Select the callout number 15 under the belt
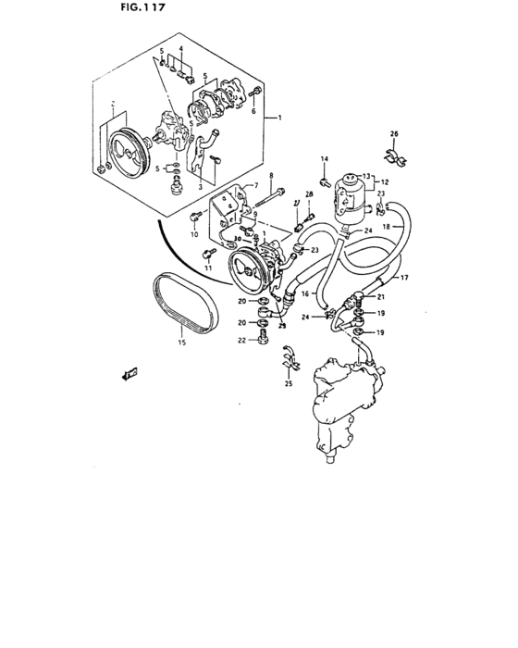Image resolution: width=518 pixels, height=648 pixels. click(180, 343)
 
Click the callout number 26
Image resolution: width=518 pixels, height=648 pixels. click(393, 134)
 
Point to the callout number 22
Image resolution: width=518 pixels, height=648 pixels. click(241, 341)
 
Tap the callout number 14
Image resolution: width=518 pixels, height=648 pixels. click(325, 159)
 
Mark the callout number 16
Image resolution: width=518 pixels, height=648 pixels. click(303, 293)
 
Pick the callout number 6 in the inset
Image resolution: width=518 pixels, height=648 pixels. click(254, 110)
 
